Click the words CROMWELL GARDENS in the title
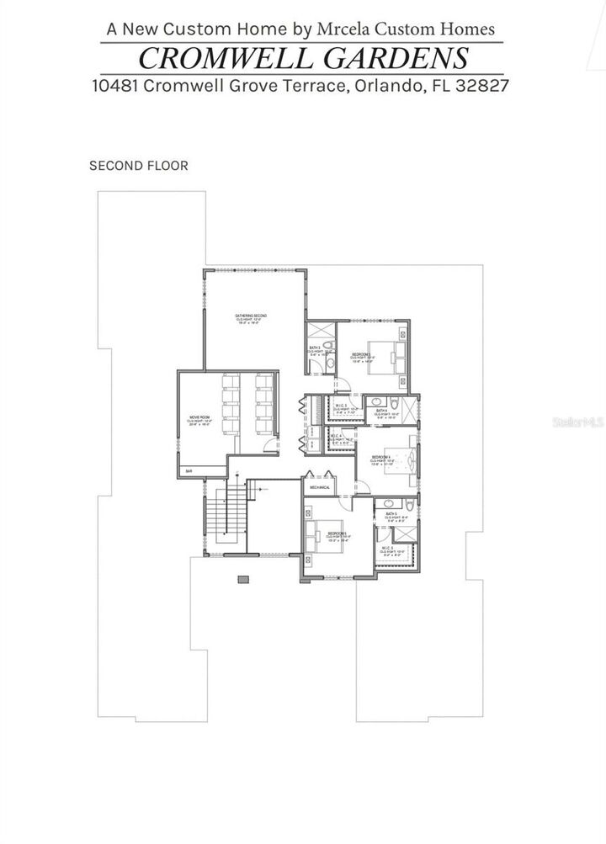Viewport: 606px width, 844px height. click(303, 58)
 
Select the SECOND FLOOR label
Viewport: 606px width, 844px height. click(139, 166)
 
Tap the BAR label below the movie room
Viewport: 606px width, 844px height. click(189, 471)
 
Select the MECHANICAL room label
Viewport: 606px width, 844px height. click(320, 487)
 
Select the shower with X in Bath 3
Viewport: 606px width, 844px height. click(320, 331)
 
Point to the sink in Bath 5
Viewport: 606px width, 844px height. click(407, 507)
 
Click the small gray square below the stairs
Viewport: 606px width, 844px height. click(244, 579)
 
